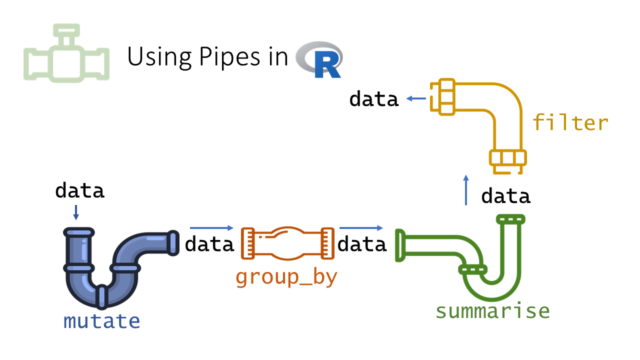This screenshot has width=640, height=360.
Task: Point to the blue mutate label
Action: tap(101, 321)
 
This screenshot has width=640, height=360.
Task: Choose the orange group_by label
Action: tap(286, 277)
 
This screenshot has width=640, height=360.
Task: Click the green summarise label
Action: tap(492, 310)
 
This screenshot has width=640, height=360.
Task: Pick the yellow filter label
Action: tap(570, 122)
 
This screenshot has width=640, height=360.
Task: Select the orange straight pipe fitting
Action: tap(288, 243)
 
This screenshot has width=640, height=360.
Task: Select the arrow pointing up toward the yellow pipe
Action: tap(466, 190)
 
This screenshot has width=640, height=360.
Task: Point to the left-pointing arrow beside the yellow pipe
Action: tap(415, 99)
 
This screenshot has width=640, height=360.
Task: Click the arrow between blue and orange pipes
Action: tap(211, 228)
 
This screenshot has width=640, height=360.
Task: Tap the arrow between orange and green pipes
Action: tap(361, 228)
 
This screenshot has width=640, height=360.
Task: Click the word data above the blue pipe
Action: tap(80, 190)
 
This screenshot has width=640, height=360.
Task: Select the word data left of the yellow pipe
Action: tap(374, 99)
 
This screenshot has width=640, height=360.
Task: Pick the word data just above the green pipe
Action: tap(505, 196)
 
